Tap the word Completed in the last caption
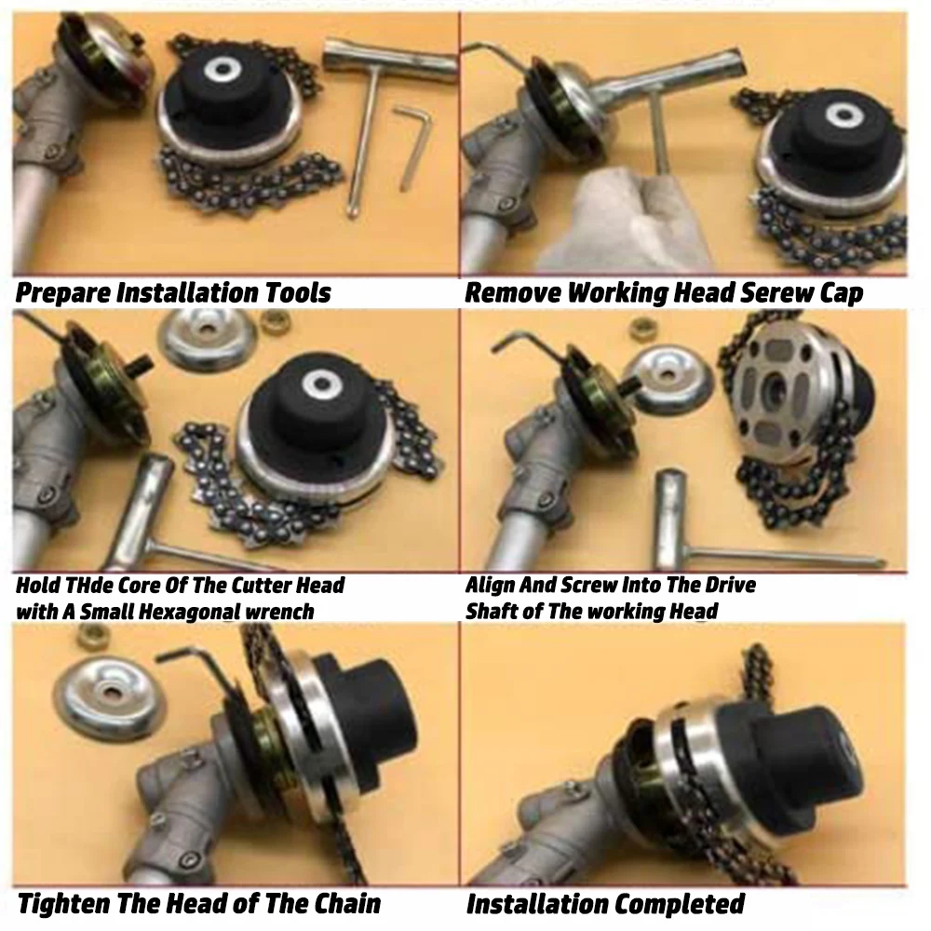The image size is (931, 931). click(679, 903)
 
